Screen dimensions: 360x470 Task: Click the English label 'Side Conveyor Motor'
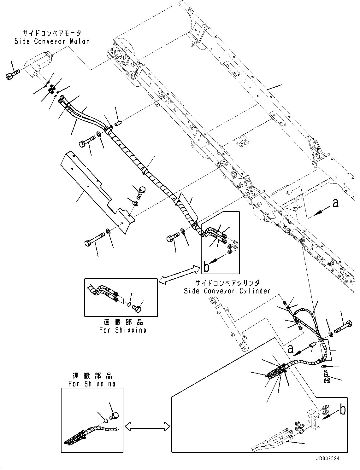pyautogui.click(x=52, y=41)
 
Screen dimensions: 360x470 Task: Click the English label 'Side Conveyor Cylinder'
pyautogui.click(x=227, y=291)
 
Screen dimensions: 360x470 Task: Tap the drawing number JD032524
pyautogui.click(x=328, y=458)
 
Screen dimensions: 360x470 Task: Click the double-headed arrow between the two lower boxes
pyautogui.click(x=147, y=426)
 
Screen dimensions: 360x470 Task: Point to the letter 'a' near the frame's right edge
pyautogui.click(x=335, y=203)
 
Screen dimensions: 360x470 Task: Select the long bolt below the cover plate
pyautogui.click(x=95, y=239)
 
